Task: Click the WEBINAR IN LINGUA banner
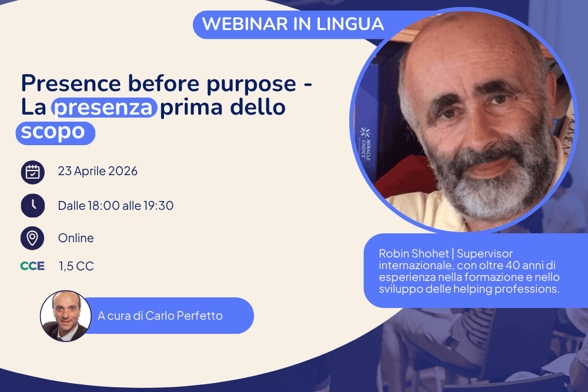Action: tap(292, 24)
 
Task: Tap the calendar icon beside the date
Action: tap(32, 172)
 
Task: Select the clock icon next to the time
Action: tap(32, 205)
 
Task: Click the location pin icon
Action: tap(32, 238)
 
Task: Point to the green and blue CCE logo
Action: tap(32, 266)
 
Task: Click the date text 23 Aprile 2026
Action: tap(98, 171)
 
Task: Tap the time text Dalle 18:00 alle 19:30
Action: tap(115, 206)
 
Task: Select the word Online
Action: tap(76, 238)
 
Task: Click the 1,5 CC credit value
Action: tap(76, 266)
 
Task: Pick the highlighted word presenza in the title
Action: tap(104, 108)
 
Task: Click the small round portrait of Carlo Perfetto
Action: tap(66, 316)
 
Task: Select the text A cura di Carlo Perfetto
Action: tap(160, 316)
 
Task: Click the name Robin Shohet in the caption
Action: tap(413, 254)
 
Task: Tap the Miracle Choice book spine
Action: tap(365, 145)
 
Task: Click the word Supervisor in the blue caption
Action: tap(485, 254)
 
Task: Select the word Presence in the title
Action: tap(71, 83)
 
